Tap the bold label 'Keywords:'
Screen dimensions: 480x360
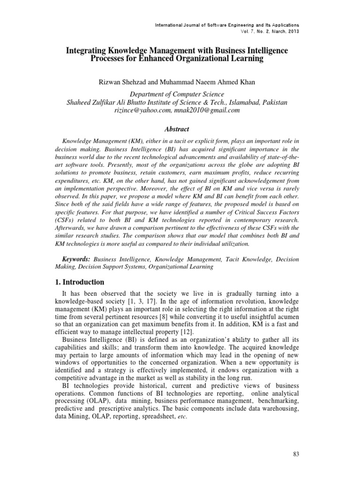pyautogui.click(x=76, y=259)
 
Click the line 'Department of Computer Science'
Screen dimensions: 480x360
pyautogui.click(x=180, y=94)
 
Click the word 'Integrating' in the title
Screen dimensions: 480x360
pyautogui.click(x=83, y=50)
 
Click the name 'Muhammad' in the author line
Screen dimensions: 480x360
pyautogui.click(x=179, y=82)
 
